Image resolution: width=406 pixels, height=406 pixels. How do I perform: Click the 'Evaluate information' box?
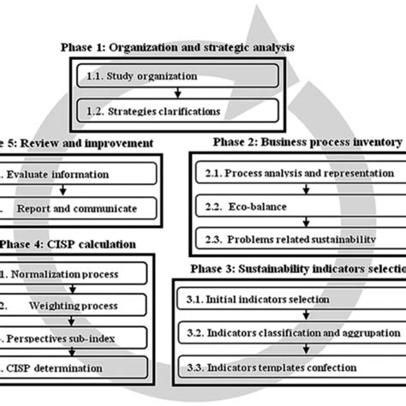click(77, 173)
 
